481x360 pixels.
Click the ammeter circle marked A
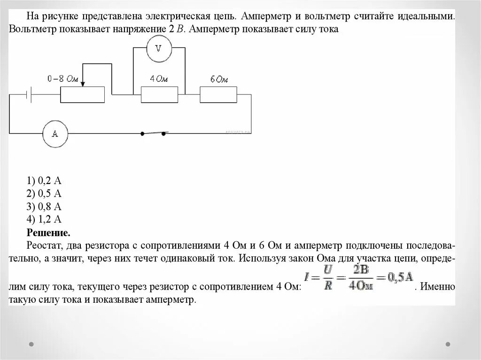(x=54, y=134)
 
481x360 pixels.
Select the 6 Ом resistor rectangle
(x=218, y=95)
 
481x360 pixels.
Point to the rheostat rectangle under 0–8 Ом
(x=82, y=95)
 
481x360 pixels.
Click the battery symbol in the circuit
(x=29, y=95)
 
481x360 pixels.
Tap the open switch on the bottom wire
(x=153, y=133)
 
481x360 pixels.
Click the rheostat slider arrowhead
(x=83, y=84)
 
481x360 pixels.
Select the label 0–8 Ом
(x=63, y=79)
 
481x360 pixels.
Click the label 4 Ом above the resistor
(x=159, y=79)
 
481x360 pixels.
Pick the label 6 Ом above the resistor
(x=218, y=79)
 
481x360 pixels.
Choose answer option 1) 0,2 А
(x=45, y=180)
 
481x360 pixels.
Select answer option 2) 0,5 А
(x=45, y=193)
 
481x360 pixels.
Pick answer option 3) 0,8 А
(x=45, y=207)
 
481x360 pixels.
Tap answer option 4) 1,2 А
(x=45, y=219)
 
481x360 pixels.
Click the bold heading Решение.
(x=48, y=232)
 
